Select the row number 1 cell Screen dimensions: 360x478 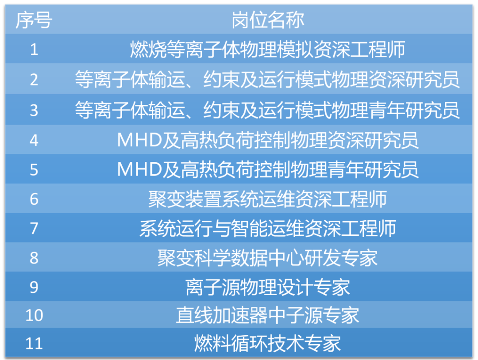[34, 49]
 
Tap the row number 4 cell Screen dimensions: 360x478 [34, 140]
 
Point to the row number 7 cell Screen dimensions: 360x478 [34, 229]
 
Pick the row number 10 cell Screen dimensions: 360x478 [34, 316]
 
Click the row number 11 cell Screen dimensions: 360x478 [34, 344]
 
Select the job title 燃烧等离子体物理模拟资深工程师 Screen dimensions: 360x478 [268, 50]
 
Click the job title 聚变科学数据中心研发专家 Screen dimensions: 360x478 [268, 258]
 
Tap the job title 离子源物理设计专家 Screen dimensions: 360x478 [268, 287]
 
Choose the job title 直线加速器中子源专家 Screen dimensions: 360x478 [268, 316]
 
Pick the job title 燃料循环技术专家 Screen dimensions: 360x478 [268, 344]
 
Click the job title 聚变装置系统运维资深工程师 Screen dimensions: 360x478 [268, 199]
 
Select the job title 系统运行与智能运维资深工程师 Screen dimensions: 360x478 [268, 229]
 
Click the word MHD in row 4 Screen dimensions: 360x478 [139, 141]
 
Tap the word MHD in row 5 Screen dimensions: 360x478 [139, 169]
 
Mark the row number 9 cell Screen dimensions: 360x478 [34, 287]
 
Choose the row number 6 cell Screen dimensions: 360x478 [34, 199]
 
